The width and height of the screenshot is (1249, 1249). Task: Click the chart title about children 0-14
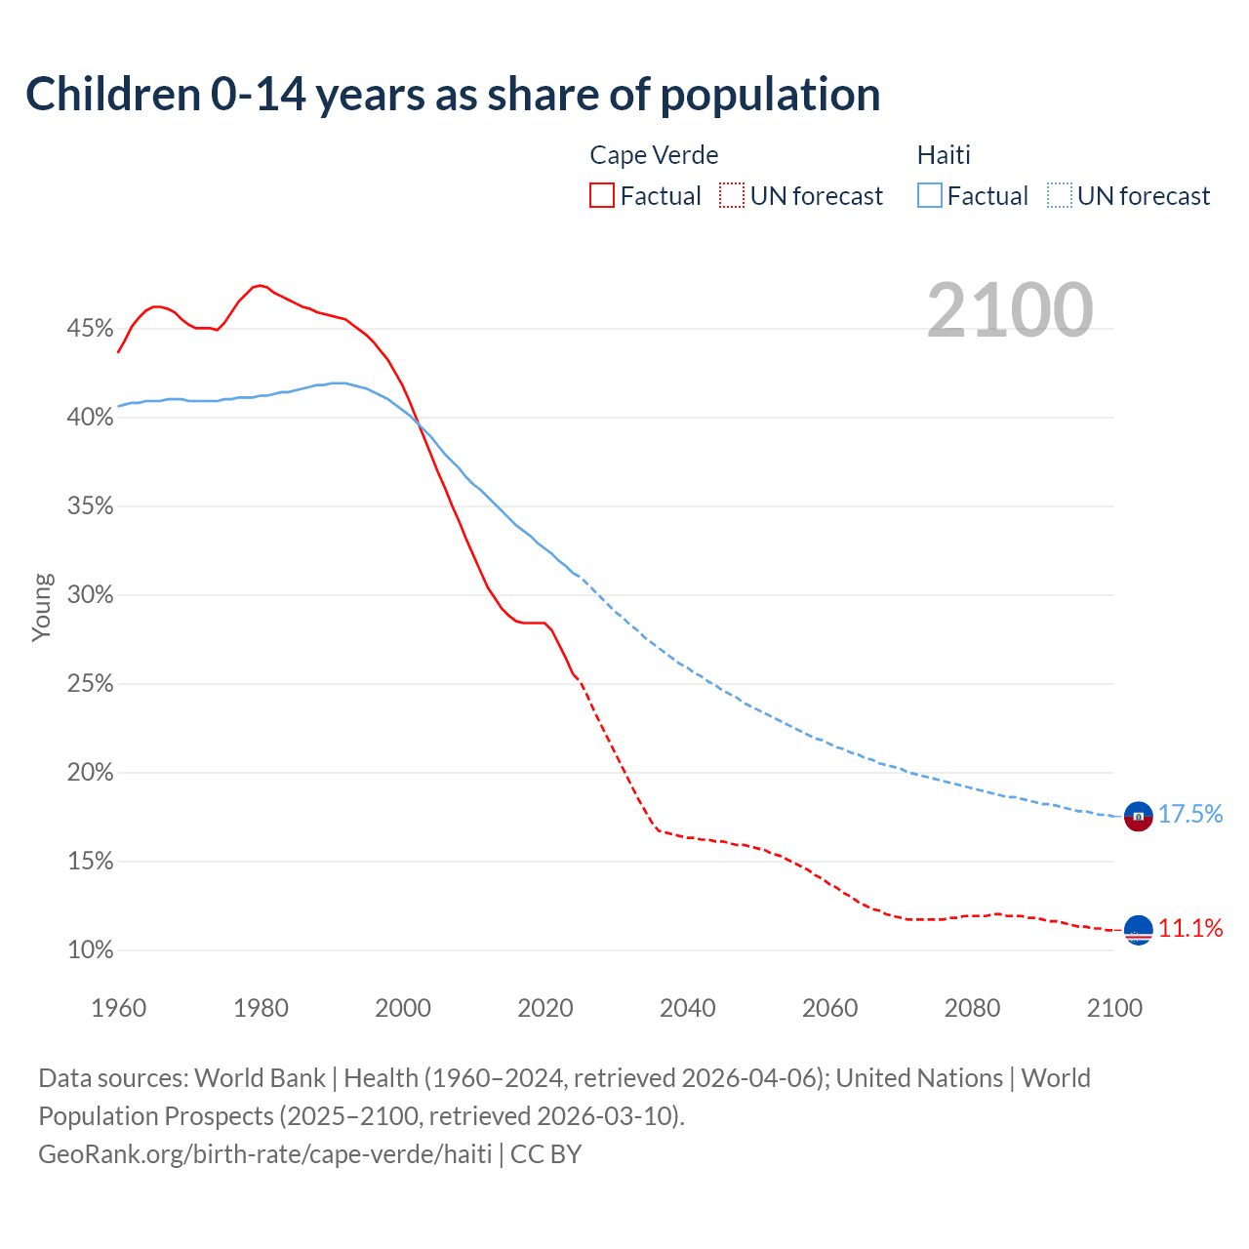[x=453, y=95]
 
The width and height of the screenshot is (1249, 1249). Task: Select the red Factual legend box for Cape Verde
[x=602, y=196]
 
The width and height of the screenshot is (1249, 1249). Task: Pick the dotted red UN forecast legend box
[x=732, y=196]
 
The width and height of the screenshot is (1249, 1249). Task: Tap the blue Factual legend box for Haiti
[x=930, y=196]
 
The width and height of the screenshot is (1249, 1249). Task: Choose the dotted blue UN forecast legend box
[x=1060, y=196]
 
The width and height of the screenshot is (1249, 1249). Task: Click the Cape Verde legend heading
[x=654, y=155]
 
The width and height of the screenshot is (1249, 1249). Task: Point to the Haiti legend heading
[x=944, y=155]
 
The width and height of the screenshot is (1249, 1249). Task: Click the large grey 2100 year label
[x=1010, y=310]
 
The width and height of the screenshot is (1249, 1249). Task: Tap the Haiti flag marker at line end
[x=1139, y=816]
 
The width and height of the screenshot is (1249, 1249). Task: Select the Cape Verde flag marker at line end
[x=1139, y=931]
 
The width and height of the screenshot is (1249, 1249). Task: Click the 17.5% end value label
[x=1190, y=815]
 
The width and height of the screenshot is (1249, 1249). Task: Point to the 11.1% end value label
[x=1190, y=928]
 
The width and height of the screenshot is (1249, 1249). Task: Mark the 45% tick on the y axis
[x=90, y=329]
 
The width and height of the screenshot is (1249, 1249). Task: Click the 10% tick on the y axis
[x=90, y=950]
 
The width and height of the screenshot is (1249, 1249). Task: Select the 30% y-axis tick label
[x=90, y=595]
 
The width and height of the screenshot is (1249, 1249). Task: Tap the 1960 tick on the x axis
[x=118, y=1008]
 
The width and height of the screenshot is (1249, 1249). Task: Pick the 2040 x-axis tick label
[x=688, y=1008]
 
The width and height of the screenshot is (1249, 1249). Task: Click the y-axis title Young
[x=42, y=607]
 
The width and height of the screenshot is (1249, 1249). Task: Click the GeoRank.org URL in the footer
[x=265, y=1154]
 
